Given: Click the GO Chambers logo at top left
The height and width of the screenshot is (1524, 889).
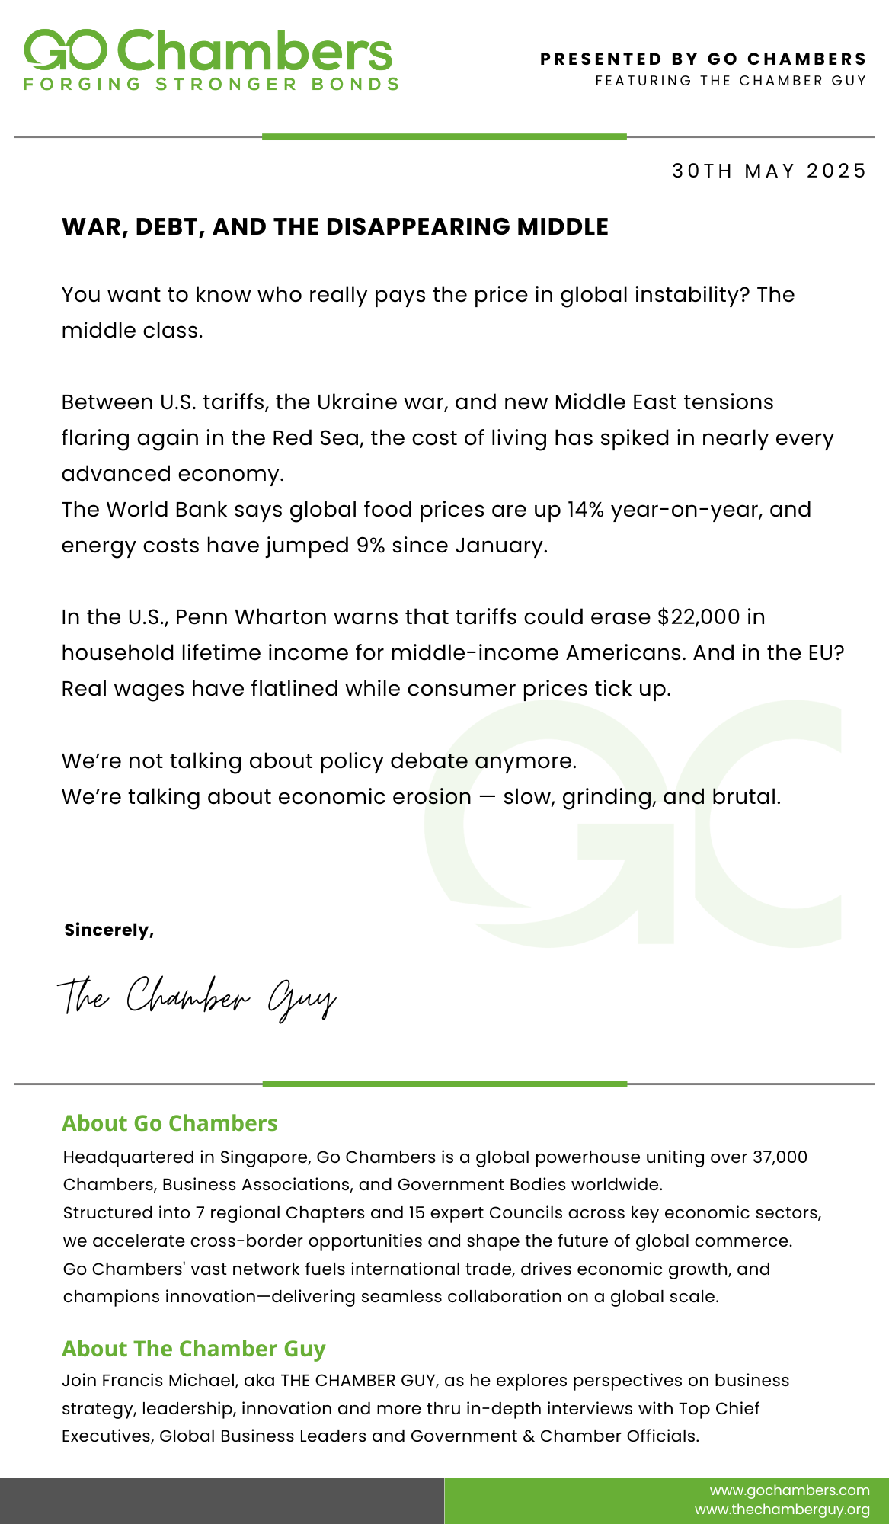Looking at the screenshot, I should pos(207,51).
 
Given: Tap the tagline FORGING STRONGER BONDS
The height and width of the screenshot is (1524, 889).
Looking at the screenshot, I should pos(211,85).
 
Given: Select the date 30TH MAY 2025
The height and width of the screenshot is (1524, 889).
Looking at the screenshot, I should pos(769,171).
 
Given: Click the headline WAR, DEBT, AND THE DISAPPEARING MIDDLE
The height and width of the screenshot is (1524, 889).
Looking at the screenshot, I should pos(335,226).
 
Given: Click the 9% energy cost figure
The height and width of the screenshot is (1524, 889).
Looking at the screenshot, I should pos(370,546).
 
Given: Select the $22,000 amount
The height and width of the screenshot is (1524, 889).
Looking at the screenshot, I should pos(699,616).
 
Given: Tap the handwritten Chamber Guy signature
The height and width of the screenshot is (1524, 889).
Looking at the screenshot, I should pos(197,997).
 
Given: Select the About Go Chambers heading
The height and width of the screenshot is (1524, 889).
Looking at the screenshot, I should pos(170,1123).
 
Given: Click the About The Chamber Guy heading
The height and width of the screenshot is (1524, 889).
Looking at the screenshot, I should pos(193,1349).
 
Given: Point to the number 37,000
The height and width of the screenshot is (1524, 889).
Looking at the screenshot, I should pos(779,1157).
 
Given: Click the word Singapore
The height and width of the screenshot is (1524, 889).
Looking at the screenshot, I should pos(264,1157).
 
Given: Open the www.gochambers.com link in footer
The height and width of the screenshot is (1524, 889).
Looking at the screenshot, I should pos(789,1490).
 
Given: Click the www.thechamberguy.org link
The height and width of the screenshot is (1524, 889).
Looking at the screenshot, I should pos(782,1510).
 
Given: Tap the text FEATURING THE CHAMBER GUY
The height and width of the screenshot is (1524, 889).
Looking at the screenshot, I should pos(731,81).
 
